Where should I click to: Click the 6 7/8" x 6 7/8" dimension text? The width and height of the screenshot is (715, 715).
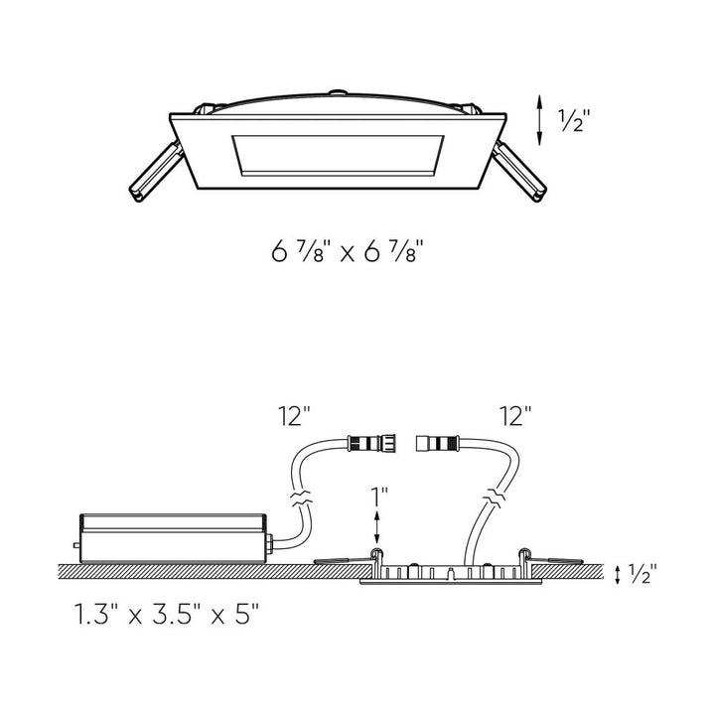tap(348, 251)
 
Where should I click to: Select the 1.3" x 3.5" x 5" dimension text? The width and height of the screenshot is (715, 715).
tap(167, 614)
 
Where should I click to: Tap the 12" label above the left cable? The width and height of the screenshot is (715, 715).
tap(295, 415)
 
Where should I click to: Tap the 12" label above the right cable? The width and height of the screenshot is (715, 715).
tap(515, 415)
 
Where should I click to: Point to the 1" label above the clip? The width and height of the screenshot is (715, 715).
tap(379, 497)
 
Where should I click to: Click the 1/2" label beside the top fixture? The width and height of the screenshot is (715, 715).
tap(575, 121)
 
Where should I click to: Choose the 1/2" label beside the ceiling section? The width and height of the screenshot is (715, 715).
tap(643, 573)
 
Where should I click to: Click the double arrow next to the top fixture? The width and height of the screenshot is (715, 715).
tap(539, 120)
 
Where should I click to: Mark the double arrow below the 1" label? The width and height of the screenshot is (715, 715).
tap(376, 526)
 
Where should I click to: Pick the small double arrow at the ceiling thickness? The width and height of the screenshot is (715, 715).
tap(618, 575)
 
